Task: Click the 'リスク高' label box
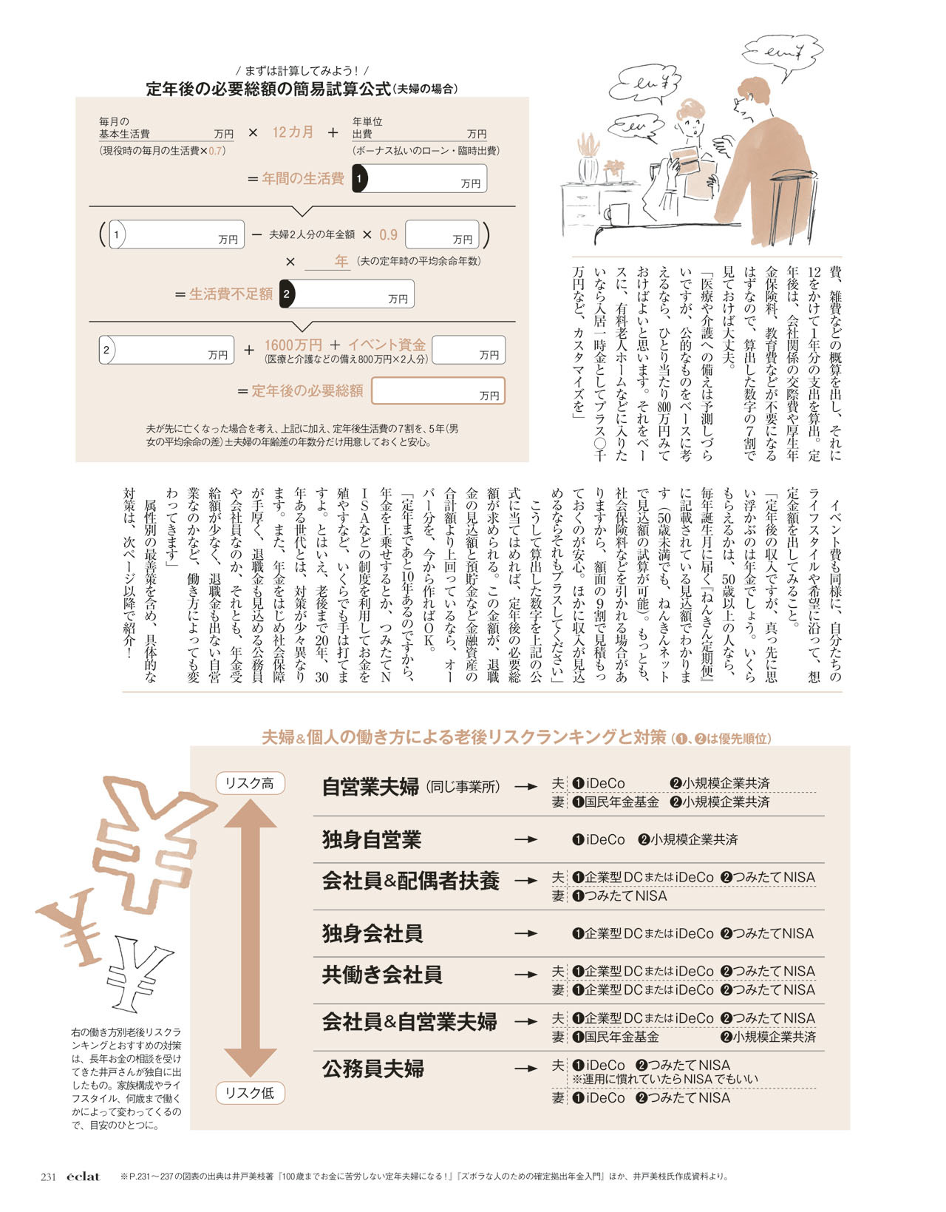(250, 783)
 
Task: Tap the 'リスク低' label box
(250, 1093)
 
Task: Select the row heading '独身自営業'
(372, 840)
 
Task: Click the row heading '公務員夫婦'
(373, 1069)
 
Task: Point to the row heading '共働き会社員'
(382, 975)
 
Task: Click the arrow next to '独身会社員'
(526, 934)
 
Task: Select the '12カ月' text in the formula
(293, 132)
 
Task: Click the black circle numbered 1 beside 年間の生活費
(359, 178)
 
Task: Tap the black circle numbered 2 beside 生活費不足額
(287, 294)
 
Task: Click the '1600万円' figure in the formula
(293, 345)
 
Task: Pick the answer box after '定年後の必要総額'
(438, 391)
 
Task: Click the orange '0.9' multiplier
(388, 235)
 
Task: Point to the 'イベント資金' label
(387, 345)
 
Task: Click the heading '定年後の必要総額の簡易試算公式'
(268, 89)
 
